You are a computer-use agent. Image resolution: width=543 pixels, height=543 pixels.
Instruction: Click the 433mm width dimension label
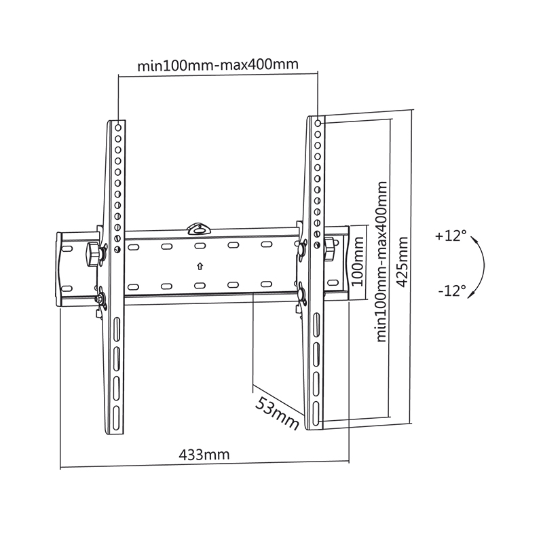pyautogui.click(x=204, y=454)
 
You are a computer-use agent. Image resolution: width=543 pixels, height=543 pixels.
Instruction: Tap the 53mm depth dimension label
pyautogui.click(x=277, y=413)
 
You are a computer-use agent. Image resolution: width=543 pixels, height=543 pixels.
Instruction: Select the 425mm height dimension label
pyautogui.click(x=402, y=262)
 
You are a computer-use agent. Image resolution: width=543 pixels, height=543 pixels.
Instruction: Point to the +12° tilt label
pyautogui.click(x=451, y=236)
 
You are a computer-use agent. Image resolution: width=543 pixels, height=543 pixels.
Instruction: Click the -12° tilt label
pyautogui.click(x=452, y=291)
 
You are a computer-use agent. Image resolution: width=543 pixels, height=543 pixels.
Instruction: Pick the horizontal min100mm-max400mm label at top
pyautogui.click(x=218, y=64)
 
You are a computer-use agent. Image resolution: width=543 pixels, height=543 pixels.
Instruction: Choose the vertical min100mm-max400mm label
pyautogui.click(x=381, y=261)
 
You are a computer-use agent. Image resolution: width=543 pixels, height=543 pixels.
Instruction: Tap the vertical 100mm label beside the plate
pyautogui.click(x=358, y=261)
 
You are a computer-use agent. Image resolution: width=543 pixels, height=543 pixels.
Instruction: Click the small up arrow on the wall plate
pyautogui.click(x=200, y=266)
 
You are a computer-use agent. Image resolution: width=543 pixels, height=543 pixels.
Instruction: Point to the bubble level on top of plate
pyautogui.click(x=199, y=229)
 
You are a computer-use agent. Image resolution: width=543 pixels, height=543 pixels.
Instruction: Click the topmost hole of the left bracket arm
pyautogui.click(x=118, y=128)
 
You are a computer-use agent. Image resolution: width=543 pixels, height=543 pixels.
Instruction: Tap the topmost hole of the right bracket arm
pyautogui.click(x=318, y=123)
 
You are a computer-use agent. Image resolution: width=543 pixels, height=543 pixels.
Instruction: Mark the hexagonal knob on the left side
pyautogui.click(x=93, y=254)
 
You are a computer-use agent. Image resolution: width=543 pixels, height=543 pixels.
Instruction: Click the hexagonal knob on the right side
pyautogui.click(x=329, y=249)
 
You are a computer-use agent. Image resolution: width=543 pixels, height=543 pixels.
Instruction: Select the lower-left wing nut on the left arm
pyautogui.click(x=100, y=298)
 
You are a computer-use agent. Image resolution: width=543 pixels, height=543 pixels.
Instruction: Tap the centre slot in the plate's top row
pyautogui.click(x=200, y=246)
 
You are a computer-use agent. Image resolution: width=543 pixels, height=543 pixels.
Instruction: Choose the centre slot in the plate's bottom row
pyautogui.click(x=200, y=286)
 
